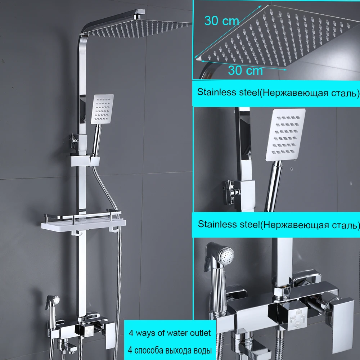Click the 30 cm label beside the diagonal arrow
[221, 21]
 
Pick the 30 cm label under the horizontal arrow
[245, 70]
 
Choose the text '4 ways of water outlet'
[170, 333]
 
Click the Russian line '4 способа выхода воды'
[170, 350]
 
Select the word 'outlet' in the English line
[200, 333]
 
